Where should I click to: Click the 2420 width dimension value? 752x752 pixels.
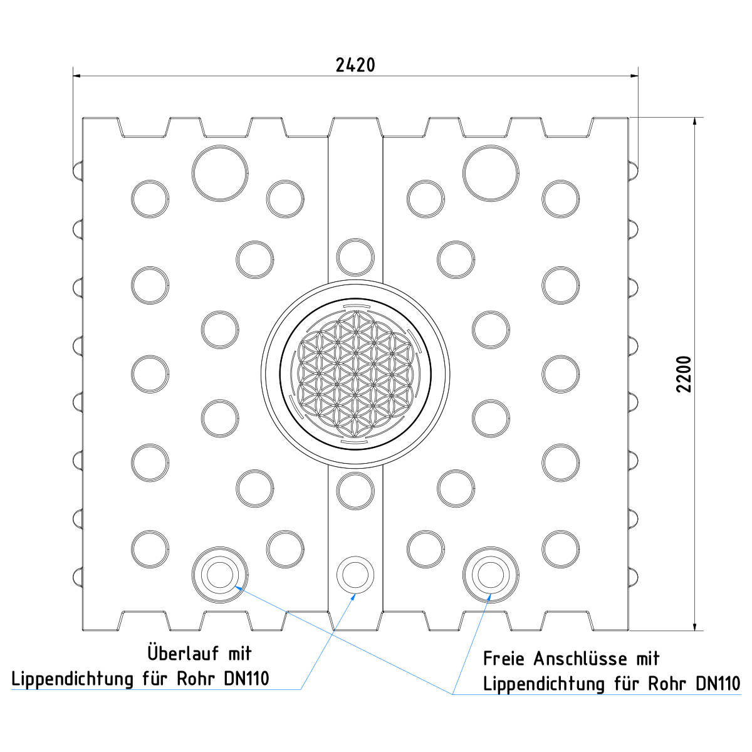(x=355, y=65)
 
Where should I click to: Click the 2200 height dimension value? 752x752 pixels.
(x=684, y=374)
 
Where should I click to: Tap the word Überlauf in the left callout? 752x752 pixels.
(x=183, y=653)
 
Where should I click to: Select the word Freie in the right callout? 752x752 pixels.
(x=504, y=659)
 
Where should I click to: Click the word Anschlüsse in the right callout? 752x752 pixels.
(x=580, y=659)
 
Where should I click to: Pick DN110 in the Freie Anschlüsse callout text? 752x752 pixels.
(x=718, y=684)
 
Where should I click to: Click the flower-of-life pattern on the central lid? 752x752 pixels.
(x=355, y=374)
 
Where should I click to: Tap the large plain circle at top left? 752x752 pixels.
(x=220, y=173)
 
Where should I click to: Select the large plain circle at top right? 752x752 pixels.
(x=491, y=173)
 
